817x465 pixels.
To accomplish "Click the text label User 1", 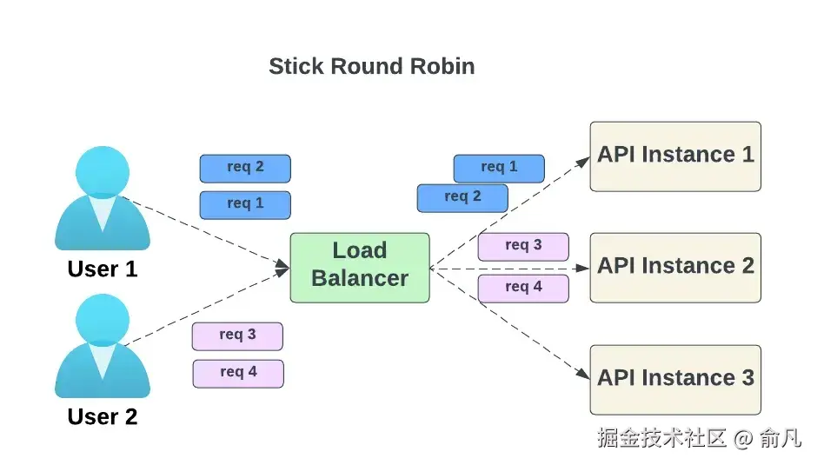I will [x=103, y=269].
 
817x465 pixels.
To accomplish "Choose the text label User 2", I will [x=103, y=417].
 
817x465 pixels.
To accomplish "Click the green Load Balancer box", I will [x=360, y=267].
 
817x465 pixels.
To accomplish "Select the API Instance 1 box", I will [x=675, y=156].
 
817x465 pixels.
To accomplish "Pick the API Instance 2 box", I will [x=675, y=267].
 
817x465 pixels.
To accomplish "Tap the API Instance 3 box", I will [x=675, y=379].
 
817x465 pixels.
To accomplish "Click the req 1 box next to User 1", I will [x=245, y=204].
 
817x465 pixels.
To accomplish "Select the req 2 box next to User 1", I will [x=245, y=168].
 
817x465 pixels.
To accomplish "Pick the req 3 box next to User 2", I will [x=237, y=335].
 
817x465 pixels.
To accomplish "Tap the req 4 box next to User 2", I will [x=238, y=373].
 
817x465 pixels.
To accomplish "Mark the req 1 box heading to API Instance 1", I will [x=499, y=168].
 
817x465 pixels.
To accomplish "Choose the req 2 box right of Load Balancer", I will [x=462, y=197].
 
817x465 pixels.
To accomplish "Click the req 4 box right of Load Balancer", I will [x=523, y=288].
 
